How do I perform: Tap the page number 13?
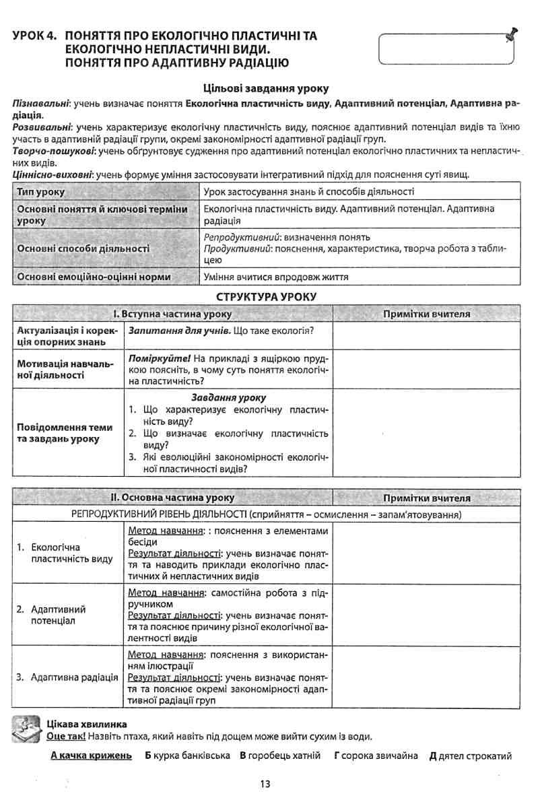[x=265, y=784]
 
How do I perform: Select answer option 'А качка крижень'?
[x=91, y=755]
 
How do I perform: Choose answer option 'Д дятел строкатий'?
[x=470, y=755]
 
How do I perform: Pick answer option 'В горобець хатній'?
[x=280, y=755]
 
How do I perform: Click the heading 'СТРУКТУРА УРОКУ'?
[x=266, y=296]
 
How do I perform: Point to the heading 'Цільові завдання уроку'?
[x=266, y=88]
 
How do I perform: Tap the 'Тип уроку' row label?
[x=41, y=192]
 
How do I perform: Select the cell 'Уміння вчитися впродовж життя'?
[x=276, y=277]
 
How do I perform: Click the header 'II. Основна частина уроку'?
[x=172, y=498]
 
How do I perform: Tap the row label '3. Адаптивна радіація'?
[x=67, y=677]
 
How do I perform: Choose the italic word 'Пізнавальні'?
[x=42, y=104]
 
